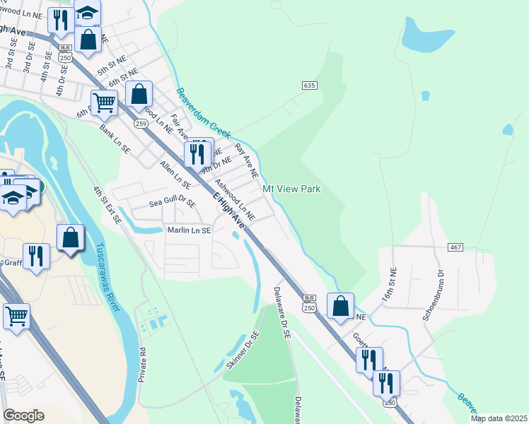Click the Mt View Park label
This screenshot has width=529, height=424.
[291, 189]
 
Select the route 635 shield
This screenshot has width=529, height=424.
[308, 85]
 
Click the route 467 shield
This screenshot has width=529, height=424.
[455, 247]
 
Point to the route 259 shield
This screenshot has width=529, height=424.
[140, 124]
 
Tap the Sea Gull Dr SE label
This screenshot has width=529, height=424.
[172, 202]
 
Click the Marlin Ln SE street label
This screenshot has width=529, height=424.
[188, 230]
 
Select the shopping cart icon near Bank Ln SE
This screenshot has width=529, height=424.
[104, 102]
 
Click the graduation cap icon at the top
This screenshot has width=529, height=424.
[87, 12]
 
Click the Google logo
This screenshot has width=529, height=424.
[23, 416]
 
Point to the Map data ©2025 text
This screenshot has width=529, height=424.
[499, 418]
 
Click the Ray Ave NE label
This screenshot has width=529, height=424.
[246, 160]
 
